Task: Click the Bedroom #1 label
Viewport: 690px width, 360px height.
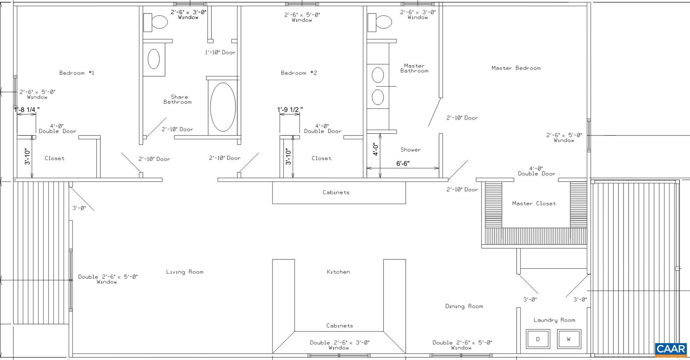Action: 76,73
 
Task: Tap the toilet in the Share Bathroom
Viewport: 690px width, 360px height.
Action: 155,22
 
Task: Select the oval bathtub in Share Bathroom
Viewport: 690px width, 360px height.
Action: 223,107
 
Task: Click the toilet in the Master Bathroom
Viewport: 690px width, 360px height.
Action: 380,22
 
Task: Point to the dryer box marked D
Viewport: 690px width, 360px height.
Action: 538,339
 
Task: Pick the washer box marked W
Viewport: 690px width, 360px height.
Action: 569,339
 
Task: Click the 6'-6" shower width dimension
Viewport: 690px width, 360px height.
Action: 403,164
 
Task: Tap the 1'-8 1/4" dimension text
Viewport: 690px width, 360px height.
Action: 27,109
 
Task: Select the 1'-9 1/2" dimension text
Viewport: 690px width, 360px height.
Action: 290,109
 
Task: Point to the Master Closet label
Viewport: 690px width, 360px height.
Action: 534,203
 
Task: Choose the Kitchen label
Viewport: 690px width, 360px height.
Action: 338,272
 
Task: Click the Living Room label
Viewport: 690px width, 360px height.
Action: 185,272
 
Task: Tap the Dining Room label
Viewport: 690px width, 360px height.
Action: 464,306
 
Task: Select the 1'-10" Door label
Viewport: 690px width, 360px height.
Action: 220,53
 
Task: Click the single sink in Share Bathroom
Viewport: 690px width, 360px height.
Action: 154,59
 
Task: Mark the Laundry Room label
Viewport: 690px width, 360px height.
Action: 554,320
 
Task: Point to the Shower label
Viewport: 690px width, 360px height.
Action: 410,150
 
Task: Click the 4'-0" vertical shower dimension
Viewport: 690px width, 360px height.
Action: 376,149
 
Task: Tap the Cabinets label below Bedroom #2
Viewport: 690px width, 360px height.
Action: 336,192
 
